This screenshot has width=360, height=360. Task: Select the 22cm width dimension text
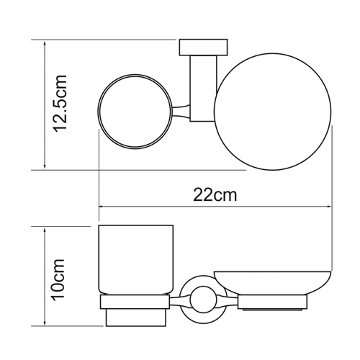(x=214, y=195)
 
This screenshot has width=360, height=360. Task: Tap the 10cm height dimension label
(x=63, y=279)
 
